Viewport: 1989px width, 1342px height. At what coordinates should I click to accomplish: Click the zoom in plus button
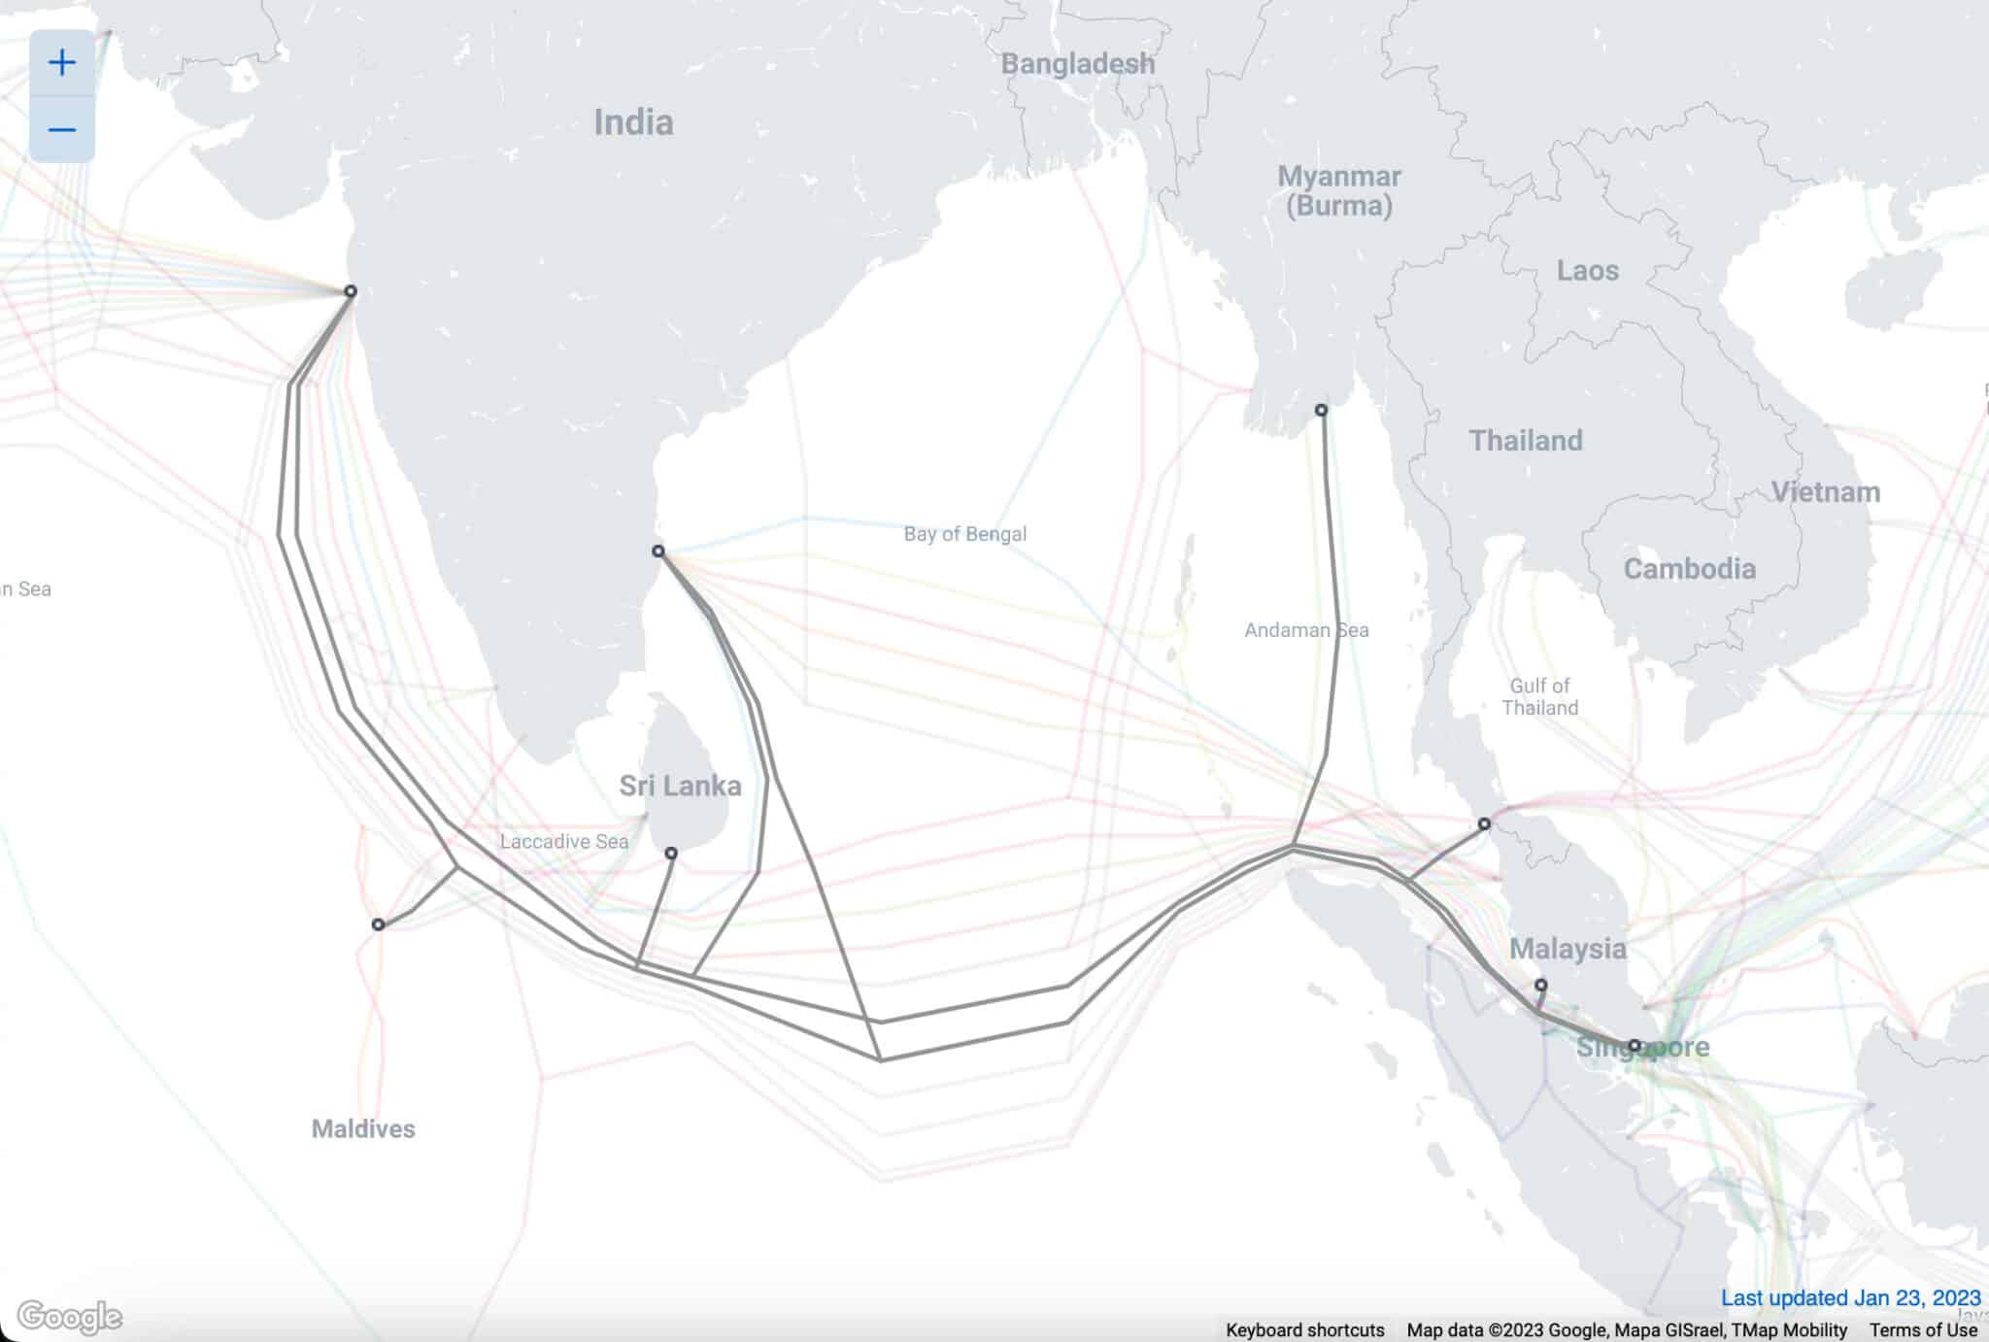(62, 63)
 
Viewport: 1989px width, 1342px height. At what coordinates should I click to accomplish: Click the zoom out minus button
(62, 129)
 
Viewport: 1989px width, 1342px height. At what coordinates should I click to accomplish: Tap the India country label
(633, 122)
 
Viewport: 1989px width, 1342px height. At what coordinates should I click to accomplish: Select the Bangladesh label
(1078, 64)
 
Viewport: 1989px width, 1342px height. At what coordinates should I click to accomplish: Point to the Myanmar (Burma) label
(1338, 190)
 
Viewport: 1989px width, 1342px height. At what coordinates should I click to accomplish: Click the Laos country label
(1588, 270)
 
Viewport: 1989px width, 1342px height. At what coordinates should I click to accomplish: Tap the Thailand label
(1526, 440)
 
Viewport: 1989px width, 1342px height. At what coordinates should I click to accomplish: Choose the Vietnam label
(1826, 491)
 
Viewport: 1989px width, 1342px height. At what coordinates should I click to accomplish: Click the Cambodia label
(1690, 568)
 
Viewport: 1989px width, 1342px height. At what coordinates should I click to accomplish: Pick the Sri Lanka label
(680, 786)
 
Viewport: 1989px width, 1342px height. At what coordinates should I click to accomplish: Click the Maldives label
(363, 1128)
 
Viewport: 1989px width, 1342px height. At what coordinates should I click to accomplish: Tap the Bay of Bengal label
(964, 533)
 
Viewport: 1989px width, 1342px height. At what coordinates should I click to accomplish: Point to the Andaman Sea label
(1306, 630)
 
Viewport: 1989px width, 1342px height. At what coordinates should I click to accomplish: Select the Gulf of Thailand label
(1539, 696)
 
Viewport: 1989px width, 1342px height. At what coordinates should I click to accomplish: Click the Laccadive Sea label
(564, 841)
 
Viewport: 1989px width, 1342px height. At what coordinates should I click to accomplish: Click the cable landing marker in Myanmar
(1321, 411)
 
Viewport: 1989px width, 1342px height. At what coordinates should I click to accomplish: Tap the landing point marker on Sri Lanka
(671, 854)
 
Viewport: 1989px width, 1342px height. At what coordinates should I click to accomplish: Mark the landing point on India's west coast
(351, 291)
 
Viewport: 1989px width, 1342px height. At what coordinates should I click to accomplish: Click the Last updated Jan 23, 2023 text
(1850, 1298)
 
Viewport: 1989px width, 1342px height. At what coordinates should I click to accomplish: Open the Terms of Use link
(1923, 1330)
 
